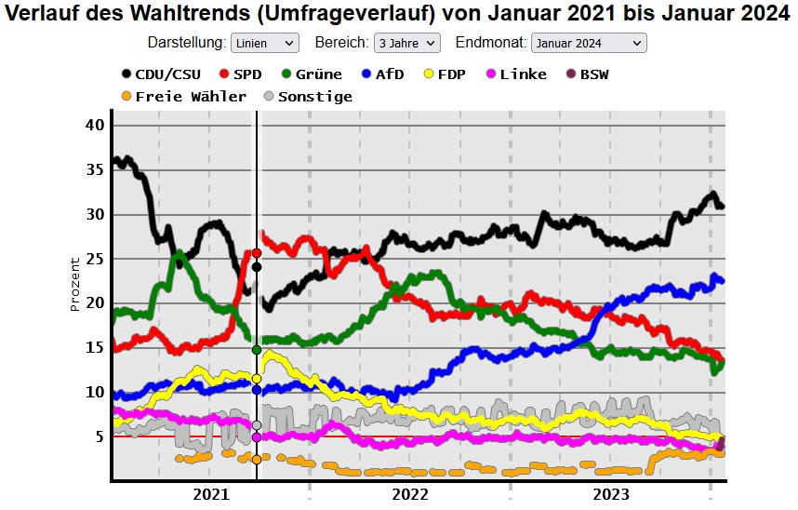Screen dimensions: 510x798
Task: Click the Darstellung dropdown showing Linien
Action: click(264, 43)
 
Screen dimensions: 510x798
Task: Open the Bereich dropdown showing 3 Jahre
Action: click(406, 43)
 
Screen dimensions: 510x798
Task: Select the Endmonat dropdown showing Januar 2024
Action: click(589, 43)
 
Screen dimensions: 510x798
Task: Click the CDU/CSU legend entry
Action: click(159, 74)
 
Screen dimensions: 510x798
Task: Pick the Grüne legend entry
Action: click(311, 74)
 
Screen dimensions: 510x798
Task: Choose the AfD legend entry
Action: click(382, 74)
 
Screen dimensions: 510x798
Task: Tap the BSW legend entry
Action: click(586, 74)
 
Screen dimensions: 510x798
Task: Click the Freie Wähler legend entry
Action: click(183, 96)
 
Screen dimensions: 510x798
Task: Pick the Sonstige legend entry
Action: click(307, 96)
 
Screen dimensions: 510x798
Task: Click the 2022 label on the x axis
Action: click(410, 494)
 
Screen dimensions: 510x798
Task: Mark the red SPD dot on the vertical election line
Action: click(257, 253)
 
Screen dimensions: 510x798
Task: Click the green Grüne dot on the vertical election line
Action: click(257, 350)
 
